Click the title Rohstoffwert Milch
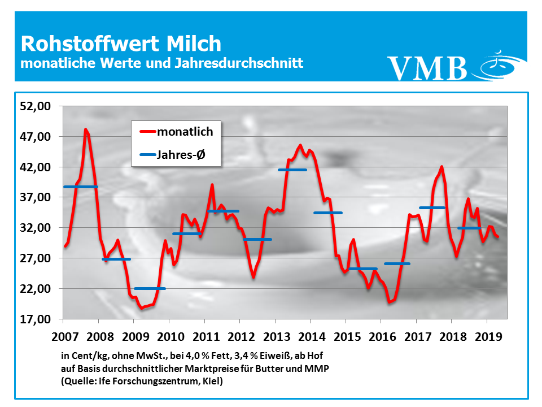click(121, 44)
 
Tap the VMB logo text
click(427, 67)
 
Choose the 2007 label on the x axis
click(64, 336)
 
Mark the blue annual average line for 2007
click(81, 187)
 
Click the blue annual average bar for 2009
click(150, 288)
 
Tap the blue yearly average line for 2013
click(292, 170)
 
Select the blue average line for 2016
click(397, 264)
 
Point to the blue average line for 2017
click(432, 207)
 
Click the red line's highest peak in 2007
click(86, 129)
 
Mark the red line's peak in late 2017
click(442, 167)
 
